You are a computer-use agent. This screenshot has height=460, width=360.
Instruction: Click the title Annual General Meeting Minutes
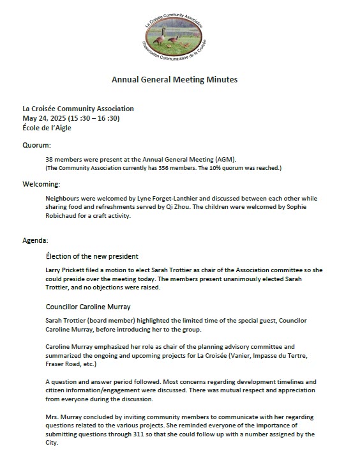pos(174,80)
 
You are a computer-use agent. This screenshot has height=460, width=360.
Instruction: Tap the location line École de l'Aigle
pos(47,127)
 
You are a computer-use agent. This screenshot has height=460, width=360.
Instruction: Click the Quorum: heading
pos(36,145)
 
